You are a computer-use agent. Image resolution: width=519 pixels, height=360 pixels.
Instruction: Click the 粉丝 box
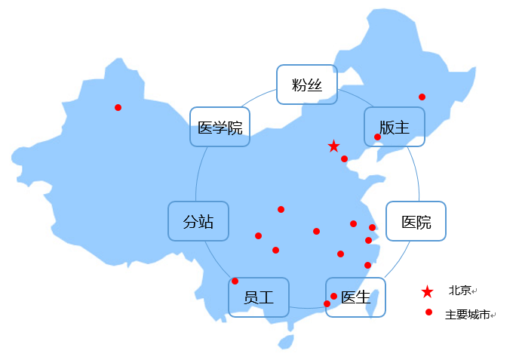[306, 85]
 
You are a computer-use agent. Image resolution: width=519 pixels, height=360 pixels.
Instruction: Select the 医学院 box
[220, 127]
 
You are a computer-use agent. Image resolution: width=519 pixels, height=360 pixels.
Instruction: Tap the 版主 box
[395, 127]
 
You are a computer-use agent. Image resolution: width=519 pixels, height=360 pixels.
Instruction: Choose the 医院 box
[416, 221]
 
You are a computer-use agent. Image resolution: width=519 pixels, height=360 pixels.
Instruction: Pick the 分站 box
[198, 221]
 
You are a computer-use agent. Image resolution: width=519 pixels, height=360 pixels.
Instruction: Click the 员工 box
[258, 297]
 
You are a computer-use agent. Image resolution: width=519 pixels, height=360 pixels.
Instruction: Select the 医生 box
[355, 297]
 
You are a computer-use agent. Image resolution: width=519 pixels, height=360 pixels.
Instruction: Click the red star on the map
[333, 146]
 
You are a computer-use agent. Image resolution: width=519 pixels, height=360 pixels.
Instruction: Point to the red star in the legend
[428, 291]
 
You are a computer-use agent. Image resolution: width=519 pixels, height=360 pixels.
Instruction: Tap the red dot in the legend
[428, 312]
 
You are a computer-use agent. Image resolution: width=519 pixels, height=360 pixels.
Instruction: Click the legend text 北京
[459, 290]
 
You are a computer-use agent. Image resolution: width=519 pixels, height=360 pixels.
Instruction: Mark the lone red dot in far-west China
[118, 107]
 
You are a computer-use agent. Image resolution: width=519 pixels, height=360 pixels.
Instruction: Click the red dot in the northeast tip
[422, 97]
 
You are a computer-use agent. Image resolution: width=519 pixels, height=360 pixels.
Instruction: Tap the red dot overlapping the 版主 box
[377, 137]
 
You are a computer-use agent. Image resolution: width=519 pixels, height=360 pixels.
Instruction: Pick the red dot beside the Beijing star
[344, 158]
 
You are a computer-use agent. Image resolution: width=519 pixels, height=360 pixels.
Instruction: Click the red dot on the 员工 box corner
[235, 281]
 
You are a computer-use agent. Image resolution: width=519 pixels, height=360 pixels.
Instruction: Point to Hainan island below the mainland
[285, 342]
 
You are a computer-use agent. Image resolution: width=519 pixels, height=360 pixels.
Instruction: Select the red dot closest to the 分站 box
[258, 235]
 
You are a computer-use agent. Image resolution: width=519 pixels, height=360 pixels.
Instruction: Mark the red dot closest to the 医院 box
[372, 227]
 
